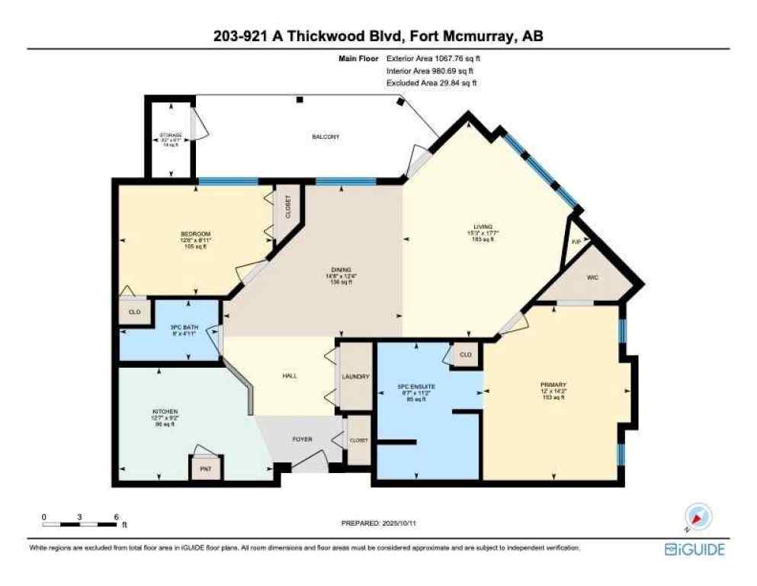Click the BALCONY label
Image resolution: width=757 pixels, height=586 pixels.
click(x=326, y=137)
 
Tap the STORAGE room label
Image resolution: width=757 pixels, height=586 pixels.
click(x=170, y=135)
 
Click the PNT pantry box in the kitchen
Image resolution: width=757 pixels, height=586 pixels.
click(x=206, y=468)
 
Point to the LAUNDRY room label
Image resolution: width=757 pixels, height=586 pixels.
click(x=356, y=377)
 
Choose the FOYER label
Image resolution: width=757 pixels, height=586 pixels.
click(x=302, y=439)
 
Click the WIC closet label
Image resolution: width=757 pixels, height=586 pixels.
click(x=592, y=278)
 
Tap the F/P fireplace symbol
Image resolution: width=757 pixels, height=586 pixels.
click(x=576, y=242)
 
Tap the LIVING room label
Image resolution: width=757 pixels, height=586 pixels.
click(x=483, y=227)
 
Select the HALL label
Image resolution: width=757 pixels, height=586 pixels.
click(x=290, y=376)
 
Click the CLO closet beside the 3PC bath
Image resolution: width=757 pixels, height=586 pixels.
click(x=134, y=312)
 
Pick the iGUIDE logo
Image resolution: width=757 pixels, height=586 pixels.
click(x=694, y=549)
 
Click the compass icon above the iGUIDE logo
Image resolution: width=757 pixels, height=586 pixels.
click(x=697, y=517)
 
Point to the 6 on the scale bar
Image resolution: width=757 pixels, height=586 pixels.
click(x=116, y=517)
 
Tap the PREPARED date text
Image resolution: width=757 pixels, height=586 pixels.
click(x=379, y=523)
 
